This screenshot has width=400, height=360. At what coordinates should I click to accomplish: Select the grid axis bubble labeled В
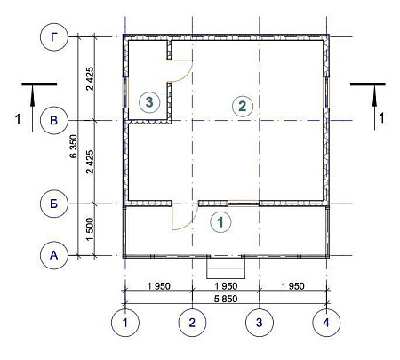click(54, 119)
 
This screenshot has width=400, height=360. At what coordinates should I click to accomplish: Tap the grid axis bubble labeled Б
click(54, 204)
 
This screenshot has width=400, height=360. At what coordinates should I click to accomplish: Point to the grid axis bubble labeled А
click(54, 256)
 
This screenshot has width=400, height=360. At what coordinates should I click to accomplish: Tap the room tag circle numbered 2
click(241, 105)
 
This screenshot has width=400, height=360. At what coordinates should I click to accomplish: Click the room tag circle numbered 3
click(149, 102)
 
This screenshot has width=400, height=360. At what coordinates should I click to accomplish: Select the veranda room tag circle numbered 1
click(220, 220)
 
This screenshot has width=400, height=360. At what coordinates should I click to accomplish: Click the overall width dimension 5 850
click(225, 300)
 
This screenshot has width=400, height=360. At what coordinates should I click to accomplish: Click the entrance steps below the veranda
click(225, 267)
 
